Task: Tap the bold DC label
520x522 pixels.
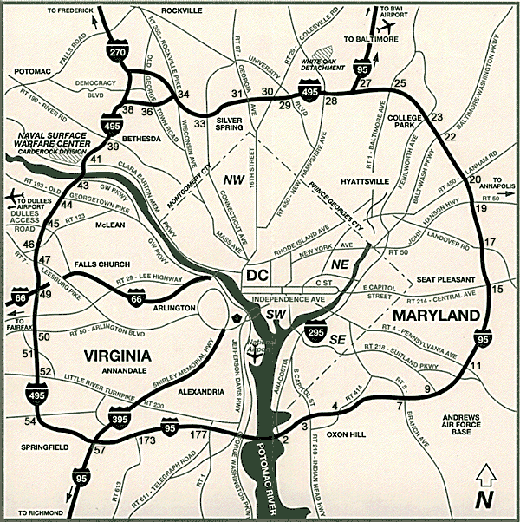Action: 258,275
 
